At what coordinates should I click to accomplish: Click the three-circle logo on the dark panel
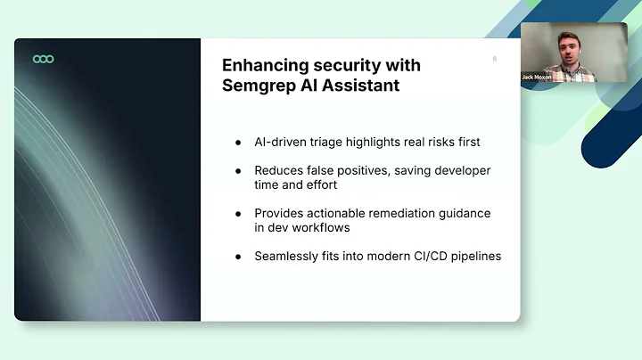click(43, 59)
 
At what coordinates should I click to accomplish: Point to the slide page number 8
click(494, 60)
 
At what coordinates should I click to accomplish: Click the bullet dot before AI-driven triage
click(238, 143)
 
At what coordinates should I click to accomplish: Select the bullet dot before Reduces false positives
click(238, 170)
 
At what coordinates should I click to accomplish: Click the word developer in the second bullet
click(459, 170)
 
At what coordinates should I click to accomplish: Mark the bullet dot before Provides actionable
click(238, 213)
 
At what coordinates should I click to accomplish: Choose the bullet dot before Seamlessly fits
click(238, 257)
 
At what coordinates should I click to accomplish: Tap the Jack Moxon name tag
click(536, 77)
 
